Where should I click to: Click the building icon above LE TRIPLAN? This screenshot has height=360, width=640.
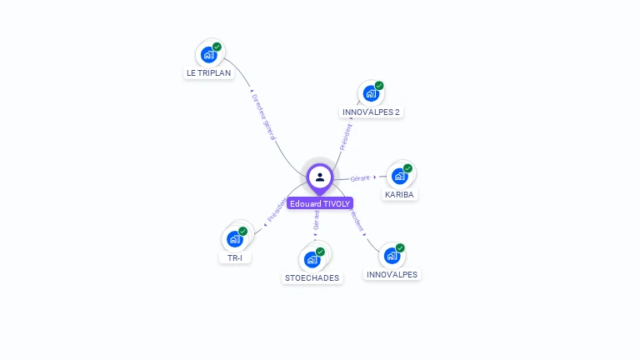208,55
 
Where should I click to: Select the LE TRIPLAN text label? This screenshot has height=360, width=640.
208,72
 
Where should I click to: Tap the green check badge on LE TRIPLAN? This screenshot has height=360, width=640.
217,47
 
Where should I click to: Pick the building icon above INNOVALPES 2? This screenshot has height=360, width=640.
371,93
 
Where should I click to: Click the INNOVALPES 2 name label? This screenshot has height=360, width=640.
372,112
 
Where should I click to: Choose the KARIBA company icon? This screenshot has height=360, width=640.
400,176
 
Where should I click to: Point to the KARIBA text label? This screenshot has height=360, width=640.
399,194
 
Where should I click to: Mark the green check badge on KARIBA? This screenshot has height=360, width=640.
407,168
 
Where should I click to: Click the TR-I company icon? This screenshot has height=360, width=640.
235,239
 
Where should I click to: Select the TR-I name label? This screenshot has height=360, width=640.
235,257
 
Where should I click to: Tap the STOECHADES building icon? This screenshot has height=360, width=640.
312,259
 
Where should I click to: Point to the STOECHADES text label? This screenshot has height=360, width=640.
312,277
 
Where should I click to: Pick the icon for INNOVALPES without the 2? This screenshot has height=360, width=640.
392,256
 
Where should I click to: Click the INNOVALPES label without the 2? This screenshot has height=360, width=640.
392,274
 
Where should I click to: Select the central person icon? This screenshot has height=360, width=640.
320,177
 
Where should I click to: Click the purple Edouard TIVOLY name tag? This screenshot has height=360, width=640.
320,202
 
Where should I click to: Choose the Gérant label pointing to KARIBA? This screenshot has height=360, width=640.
360,178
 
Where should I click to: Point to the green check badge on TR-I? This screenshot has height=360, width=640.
242,231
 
